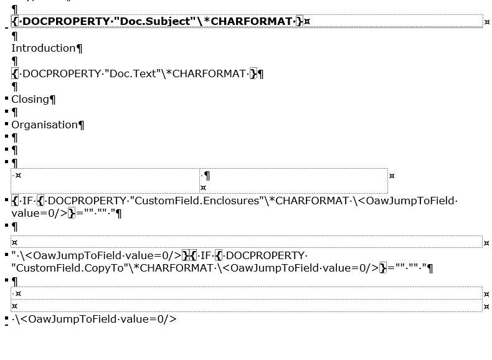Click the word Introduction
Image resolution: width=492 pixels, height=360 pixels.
[43, 48]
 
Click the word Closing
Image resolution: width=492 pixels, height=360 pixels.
[30, 99]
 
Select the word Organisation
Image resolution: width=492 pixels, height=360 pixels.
[44, 125]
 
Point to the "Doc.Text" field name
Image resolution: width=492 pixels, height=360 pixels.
[133, 73]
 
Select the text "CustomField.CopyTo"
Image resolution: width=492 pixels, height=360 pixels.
[60, 268]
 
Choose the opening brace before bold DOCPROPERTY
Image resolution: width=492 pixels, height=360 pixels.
[15, 21]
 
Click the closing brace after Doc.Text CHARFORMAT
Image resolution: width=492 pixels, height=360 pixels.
[253, 73]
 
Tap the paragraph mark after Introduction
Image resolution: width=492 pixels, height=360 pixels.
[79, 49]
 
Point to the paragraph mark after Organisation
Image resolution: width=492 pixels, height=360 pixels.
[82, 125]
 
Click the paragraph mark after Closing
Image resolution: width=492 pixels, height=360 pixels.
[53, 100]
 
